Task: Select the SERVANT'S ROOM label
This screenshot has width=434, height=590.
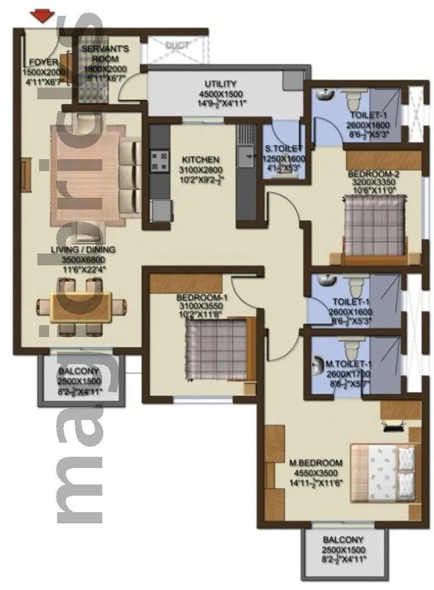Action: tap(105, 54)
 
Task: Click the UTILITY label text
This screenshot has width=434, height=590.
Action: tap(220, 84)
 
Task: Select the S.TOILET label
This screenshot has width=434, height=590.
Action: tap(284, 150)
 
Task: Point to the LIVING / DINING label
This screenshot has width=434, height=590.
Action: tap(89, 250)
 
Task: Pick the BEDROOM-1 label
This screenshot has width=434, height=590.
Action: tap(202, 298)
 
